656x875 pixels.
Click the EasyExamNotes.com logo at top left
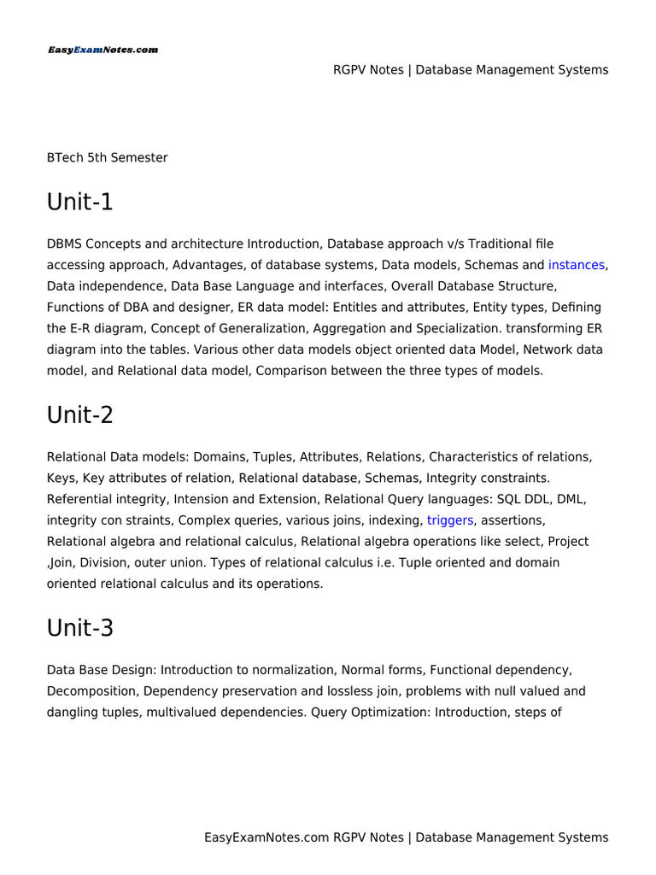pos(102,50)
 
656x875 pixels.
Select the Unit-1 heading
pos(79,203)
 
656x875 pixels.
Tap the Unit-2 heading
pos(79,415)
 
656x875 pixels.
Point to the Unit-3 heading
pos(79,628)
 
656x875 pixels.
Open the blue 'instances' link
pos(577,265)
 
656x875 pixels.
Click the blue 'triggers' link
pos(450,520)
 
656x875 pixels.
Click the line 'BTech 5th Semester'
pos(107,158)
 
